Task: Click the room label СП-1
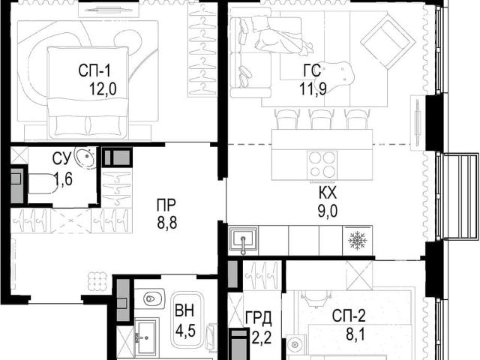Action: (94, 70)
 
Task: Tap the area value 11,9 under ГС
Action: (313, 88)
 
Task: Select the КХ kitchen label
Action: (328, 193)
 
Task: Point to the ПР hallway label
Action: (166, 205)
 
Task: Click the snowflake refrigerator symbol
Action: (358, 240)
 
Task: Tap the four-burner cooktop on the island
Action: (322, 163)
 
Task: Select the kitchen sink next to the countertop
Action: (243, 240)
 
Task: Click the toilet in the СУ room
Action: (42, 184)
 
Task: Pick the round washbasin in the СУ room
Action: (85, 157)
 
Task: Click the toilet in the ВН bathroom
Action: (150, 298)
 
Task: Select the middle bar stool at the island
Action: (322, 118)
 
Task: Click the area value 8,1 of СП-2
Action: (355, 335)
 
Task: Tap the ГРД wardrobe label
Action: (259, 319)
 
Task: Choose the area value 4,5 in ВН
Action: (185, 331)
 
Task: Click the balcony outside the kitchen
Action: (461, 196)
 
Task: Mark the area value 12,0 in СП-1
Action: (103, 89)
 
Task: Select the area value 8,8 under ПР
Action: (167, 223)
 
